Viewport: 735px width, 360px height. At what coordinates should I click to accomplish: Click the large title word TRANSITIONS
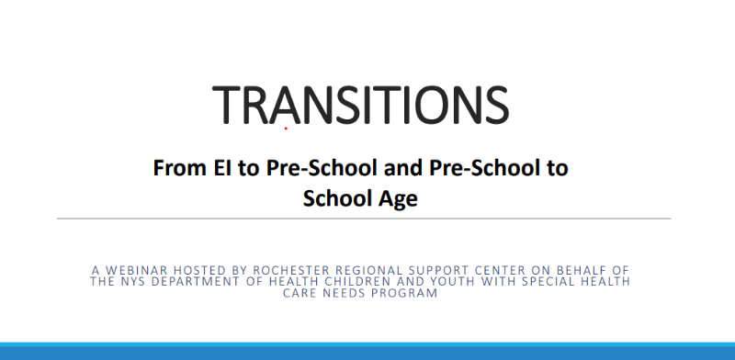coord(360,105)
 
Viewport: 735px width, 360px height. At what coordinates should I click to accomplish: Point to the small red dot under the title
coord(286,128)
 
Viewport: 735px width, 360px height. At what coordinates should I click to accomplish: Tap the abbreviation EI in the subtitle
coord(221,167)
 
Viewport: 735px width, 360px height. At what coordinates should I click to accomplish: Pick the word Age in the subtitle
coord(398,198)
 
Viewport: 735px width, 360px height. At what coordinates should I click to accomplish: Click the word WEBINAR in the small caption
coord(136,271)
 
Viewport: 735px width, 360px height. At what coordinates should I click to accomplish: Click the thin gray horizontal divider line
coord(364,219)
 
